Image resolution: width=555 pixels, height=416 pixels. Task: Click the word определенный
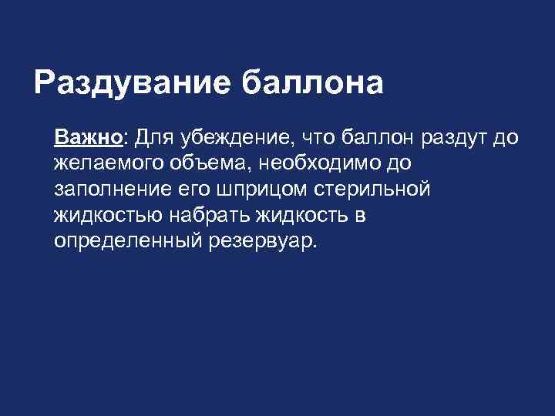pos(126,240)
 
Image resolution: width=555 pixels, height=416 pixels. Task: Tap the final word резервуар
pos(262,240)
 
